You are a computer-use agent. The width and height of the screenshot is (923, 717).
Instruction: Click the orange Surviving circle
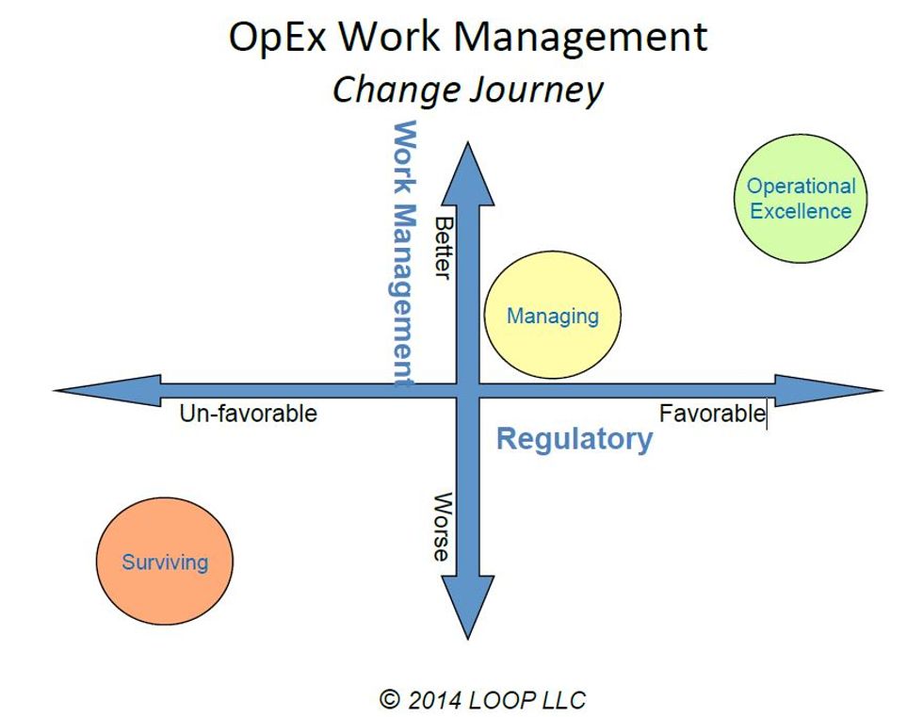[x=165, y=562]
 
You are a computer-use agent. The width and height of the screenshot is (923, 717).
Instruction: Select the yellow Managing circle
[x=553, y=317]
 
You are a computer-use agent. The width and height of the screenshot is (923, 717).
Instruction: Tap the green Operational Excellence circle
[x=801, y=199]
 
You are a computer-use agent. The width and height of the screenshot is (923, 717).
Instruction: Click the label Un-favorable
[x=249, y=414]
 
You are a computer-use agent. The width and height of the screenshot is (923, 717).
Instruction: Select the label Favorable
[x=712, y=414]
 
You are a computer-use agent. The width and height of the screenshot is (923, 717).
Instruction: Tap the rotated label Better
[x=442, y=247]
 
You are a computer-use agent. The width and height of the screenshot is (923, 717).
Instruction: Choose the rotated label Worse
[x=442, y=527]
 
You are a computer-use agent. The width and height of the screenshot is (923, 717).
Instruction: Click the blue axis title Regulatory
[x=575, y=439]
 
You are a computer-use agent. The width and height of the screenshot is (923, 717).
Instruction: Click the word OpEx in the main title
[x=280, y=38]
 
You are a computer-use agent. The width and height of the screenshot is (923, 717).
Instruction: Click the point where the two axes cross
[x=468, y=390]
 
